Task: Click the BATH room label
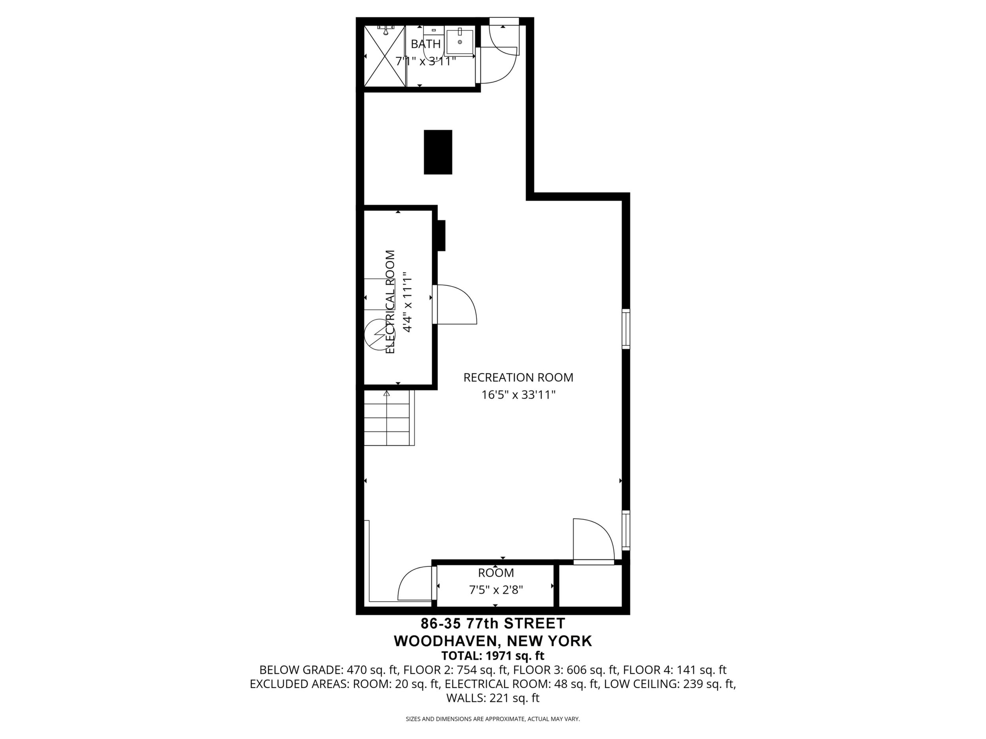[426, 44]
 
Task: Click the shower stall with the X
[385, 56]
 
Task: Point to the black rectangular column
[438, 152]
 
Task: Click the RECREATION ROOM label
[518, 377]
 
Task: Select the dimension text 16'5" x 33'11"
[518, 395]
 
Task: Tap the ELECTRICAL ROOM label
[390, 302]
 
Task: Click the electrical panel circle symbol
[377, 335]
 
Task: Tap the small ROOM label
[496, 572]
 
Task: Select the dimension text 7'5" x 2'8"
[496, 590]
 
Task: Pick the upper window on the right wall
[626, 329]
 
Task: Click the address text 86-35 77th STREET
[493, 623]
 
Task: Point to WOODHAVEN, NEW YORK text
[493, 641]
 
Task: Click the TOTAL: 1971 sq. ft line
[493, 656]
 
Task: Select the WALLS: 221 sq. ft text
[493, 698]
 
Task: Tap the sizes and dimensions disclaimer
[493, 719]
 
